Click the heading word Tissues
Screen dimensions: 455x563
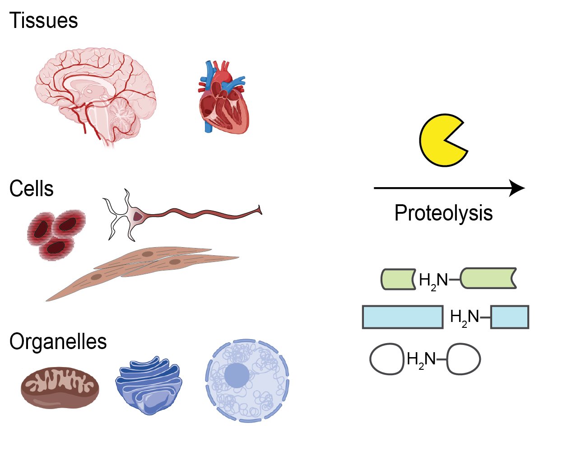[43, 21]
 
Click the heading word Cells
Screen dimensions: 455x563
[31, 189]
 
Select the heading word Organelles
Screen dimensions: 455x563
[58, 342]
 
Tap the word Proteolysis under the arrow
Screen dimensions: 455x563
[443, 213]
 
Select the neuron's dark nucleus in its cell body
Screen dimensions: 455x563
[137, 216]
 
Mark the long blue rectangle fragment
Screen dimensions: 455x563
[402, 317]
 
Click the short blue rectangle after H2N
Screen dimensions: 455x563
[509, 317]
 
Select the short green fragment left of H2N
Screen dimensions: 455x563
[398, 279]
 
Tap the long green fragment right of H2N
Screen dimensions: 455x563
[488, 279]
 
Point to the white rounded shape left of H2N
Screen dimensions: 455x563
[386, 359]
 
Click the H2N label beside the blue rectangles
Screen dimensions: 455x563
[465, 317]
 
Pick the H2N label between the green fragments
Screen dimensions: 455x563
[433, 280]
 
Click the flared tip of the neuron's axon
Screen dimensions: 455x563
[259, 210]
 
